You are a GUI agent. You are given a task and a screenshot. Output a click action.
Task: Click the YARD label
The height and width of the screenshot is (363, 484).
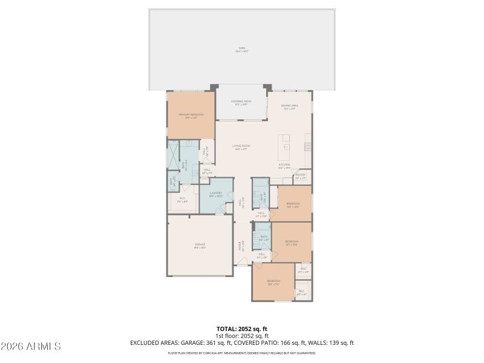tap(241, 50)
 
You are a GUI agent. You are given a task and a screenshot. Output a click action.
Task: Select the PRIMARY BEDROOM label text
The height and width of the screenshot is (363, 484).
tap(191, 115)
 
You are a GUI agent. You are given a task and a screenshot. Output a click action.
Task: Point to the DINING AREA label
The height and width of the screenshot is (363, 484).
tap(289, 107)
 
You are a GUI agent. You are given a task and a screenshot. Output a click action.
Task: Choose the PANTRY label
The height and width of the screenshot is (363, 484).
tap(301, 177)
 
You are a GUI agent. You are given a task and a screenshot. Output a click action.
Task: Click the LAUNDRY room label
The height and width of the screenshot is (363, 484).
tap(216, 194)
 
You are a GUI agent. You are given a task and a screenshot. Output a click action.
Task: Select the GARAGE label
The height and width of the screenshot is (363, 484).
tap(200, 246)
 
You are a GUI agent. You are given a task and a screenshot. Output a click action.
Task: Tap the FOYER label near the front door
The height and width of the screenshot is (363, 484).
tap(241, 246)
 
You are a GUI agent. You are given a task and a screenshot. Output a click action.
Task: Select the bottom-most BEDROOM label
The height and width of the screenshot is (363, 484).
tap(273, 282)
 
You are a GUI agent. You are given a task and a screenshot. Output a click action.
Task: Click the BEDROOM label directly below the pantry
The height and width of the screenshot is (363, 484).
tap(293, 204)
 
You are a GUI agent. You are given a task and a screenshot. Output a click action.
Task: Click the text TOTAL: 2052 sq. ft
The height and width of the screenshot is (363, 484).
tap(241, 329)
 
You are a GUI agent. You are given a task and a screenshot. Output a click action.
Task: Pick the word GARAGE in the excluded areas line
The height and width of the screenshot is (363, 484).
tap(194, 342)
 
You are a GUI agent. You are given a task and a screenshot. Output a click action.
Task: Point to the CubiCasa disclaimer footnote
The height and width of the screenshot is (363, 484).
tap(241, 352)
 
